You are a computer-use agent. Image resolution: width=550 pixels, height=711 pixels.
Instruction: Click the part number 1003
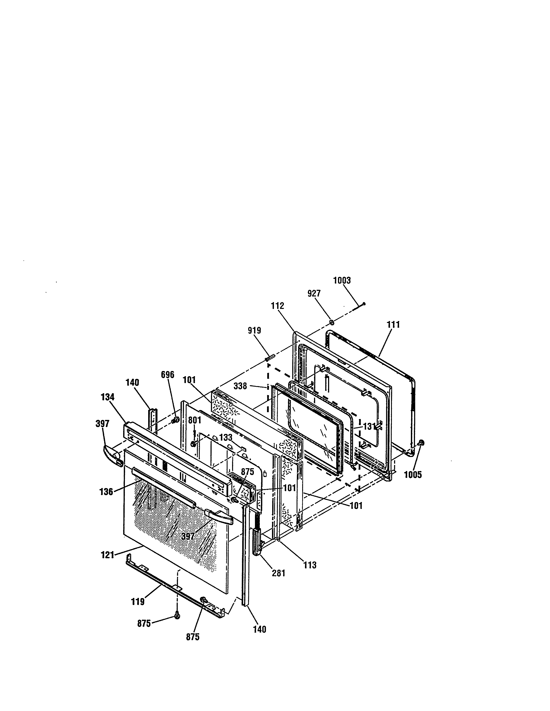click(x=342, y=281)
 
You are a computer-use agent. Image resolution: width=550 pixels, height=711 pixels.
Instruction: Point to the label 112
click(x=277, y=306)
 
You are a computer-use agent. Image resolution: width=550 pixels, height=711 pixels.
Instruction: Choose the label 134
click(x=108, y=397)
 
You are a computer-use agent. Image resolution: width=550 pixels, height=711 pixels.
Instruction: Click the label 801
click(x=195, y=421)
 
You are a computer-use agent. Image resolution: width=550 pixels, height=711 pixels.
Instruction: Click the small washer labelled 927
click(x=331, y=322)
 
